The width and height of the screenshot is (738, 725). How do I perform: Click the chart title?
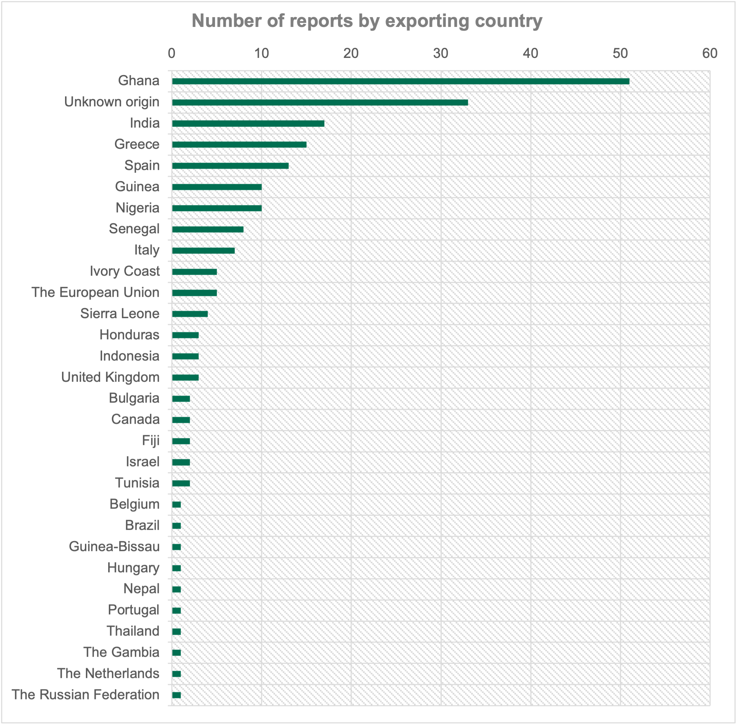tap(367, 21)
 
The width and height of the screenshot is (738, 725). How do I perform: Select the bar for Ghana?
tap(400, 81)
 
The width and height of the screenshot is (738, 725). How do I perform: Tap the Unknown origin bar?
tap(320, 102)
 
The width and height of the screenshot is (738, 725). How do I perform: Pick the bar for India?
tap(248, 124)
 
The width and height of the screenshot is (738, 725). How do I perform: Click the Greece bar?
tap(239, 145)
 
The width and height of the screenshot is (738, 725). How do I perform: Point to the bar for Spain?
tap(230, 166)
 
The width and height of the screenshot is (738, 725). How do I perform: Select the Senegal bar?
tap(208, 229)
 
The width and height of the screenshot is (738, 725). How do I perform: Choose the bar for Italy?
tap(203, 250)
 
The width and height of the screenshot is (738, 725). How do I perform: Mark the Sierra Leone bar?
tap(190, 314)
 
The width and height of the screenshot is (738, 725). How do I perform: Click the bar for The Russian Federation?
tap(177, 695)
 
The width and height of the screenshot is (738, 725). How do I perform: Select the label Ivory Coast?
tap(125, 271)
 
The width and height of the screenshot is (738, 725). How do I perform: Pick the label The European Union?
tap(95, 292)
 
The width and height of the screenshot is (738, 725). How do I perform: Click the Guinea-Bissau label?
tap(114, 546)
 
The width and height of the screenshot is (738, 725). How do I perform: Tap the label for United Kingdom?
tap(110, 377)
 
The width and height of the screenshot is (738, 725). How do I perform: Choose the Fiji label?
tap(151, 441)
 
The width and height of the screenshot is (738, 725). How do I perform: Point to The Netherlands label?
tap(108, 673)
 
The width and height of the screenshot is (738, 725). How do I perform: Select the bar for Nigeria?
tap(217, 208)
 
